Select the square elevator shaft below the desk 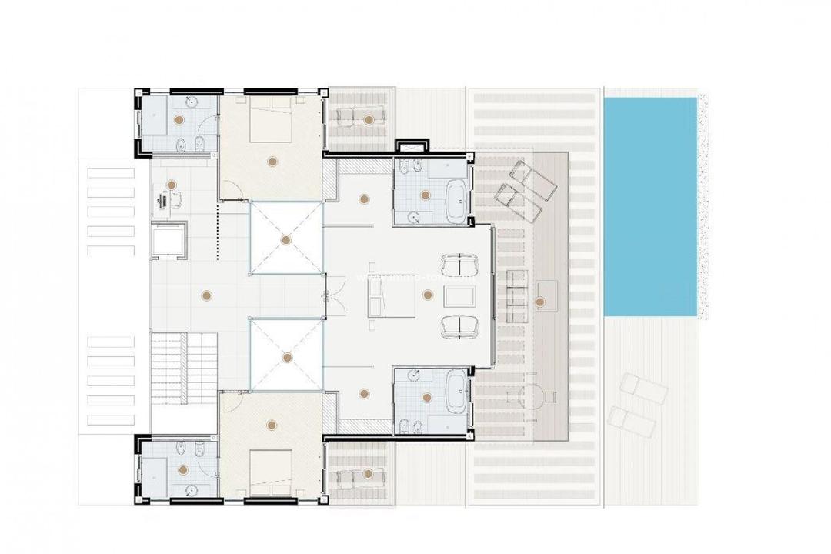pos(169,239)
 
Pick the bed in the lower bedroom pos(270,468)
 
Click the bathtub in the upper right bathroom pos(456,197)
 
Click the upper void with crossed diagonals pos(285,239)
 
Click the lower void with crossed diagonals pos(285,357)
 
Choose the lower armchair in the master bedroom pos(459,326)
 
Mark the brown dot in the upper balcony pos(370,119)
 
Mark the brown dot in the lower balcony pos(369,473)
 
